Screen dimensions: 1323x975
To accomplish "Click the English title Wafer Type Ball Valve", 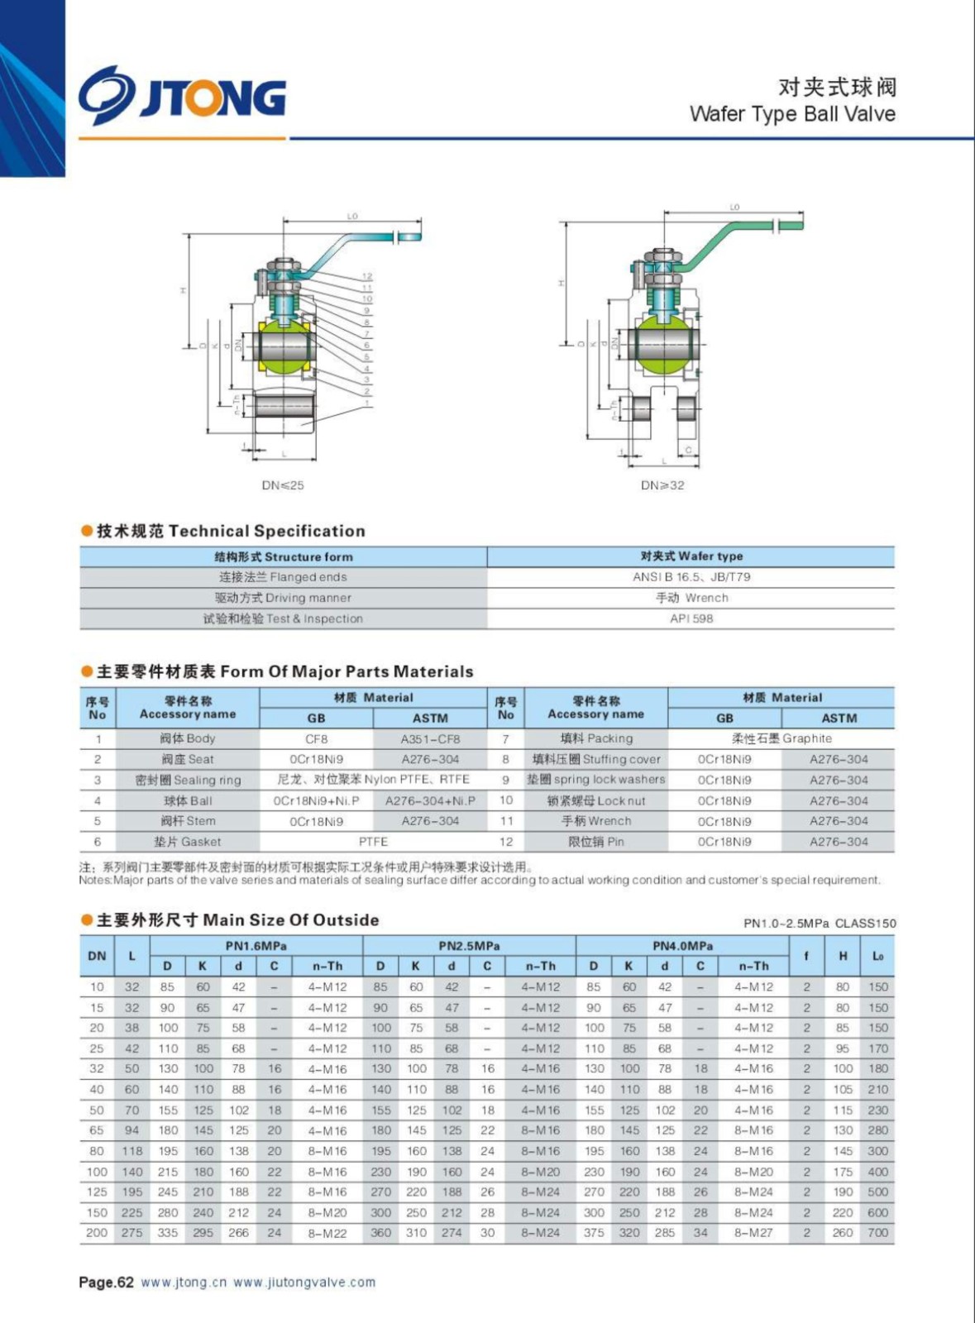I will pos(791,113).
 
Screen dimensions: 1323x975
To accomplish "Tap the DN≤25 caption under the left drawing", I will pos(283,485).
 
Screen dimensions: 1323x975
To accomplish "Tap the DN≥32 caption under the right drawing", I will pos(662,485).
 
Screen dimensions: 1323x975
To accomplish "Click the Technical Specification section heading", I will pos(230,531).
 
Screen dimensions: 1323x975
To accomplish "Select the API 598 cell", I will pos(691,619).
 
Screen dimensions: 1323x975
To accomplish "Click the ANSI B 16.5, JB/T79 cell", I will pos(691,577).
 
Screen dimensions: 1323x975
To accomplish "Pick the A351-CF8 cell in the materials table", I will pos(430,739).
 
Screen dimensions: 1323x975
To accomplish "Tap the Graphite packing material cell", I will pos(781,738).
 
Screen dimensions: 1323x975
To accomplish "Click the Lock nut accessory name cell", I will pos(596,800).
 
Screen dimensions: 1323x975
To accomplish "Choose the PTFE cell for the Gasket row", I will pos(373,842).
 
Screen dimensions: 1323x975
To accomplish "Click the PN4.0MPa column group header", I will pos(682,946).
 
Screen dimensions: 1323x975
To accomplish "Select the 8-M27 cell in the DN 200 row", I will pos(753,1233).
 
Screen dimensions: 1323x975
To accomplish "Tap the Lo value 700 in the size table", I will pos(877,1233).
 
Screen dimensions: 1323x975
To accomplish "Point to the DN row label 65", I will pos(97,1130).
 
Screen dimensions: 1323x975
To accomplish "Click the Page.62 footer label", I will pos(106,1282).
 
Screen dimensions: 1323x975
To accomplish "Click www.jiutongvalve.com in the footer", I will pos(304,1282).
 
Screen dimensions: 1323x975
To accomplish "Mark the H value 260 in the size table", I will pos(843,1233).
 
